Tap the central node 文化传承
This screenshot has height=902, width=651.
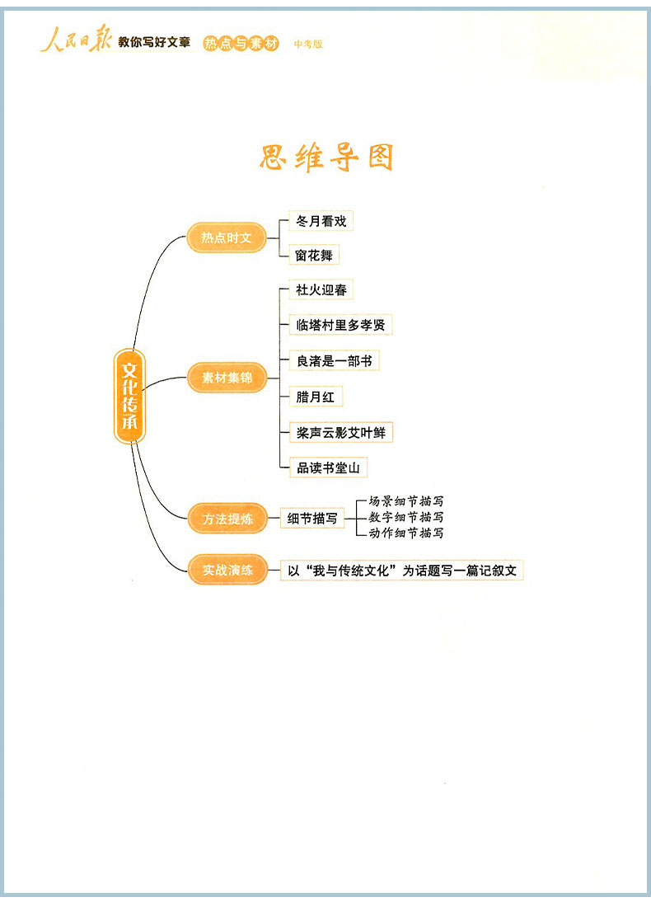[x=129, y=396]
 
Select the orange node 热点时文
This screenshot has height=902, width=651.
[x=227, y=237]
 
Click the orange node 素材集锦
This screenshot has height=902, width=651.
[x=227, y=378]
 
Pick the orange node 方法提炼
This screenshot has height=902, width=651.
[x=227, y=519]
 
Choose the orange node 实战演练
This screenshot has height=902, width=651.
[x=227, y=569]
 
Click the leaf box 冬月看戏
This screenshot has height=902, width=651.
[x=321, y=221]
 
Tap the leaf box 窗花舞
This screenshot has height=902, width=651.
[x=314, y=256]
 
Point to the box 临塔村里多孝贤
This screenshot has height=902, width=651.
[x=340, y=325]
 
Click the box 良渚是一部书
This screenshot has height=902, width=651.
[x=334, y=360]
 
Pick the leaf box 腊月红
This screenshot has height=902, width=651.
[x=315, y=397]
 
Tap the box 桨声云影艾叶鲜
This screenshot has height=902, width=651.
[x=340, y=432]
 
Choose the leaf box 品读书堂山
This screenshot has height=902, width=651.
[x=327, y=467]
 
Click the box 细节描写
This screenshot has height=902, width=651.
[x=312, y=519]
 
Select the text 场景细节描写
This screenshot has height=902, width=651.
[x=405, y=501]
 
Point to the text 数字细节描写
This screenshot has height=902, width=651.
[x=405, y=517]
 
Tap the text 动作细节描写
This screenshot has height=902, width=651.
[x=405, y=533]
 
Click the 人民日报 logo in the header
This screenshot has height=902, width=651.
[x=76, y=41]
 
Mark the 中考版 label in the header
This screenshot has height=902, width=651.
[x=309, y=44]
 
